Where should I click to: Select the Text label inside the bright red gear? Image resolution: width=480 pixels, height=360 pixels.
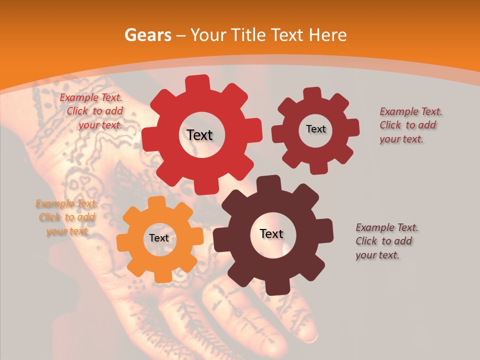(x=199, y=135)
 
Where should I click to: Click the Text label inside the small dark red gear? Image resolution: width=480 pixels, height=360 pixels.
(x=315, y=129)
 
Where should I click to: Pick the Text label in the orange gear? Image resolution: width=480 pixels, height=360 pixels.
(x=159, y=238)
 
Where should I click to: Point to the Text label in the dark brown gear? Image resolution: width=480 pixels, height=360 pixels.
(x=271, y=233)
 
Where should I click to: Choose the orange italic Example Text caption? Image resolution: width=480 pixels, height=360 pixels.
(x=67, y=217)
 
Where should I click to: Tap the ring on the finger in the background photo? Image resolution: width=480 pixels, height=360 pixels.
(x=311, y=338)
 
